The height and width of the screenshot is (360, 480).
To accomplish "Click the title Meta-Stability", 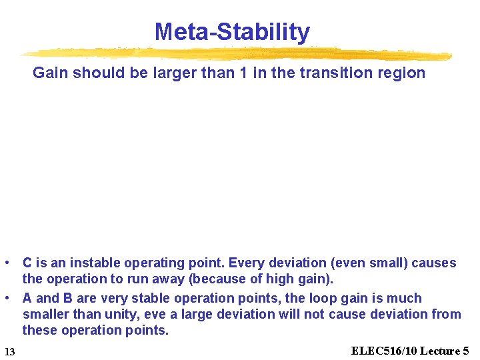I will click(x=232, y=31).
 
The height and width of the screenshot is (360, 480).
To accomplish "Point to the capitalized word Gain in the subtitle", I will click(x=51, y=73).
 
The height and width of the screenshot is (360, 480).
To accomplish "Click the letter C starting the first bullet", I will click(x=28, y=263).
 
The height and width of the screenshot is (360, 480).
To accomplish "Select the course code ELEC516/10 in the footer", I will click(x=384, y=351).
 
